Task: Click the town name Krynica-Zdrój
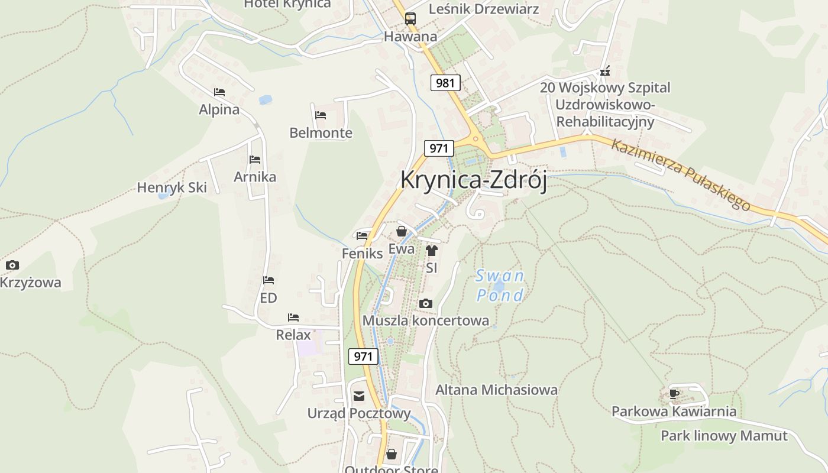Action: tap(474, 180)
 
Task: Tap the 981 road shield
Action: tap(445, 83)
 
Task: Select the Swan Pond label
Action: tap(500, 286)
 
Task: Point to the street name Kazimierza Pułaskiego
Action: tap(681, 175)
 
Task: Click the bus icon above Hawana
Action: tap(410, 18)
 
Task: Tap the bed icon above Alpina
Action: tap(219, 92)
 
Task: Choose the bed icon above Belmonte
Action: tap(321, 115)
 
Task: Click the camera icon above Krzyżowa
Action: tap(12, 265)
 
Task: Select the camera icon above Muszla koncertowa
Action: tap(425, 304)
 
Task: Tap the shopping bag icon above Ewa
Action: tap(402, 231)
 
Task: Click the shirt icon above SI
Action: tap(431, 251)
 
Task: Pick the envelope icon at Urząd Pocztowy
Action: tap(359, 396)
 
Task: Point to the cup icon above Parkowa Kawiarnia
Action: tap(674, 394)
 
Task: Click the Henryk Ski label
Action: tap(172, 188)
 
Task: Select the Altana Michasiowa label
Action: tap(496, 390)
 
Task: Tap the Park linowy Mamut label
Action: tap(724, 436)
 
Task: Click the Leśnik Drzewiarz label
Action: tap(484, 9)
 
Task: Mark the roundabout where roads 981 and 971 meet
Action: tap(475, 140)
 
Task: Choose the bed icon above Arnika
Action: tap(255, 160)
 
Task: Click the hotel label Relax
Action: tap(293, 335)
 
